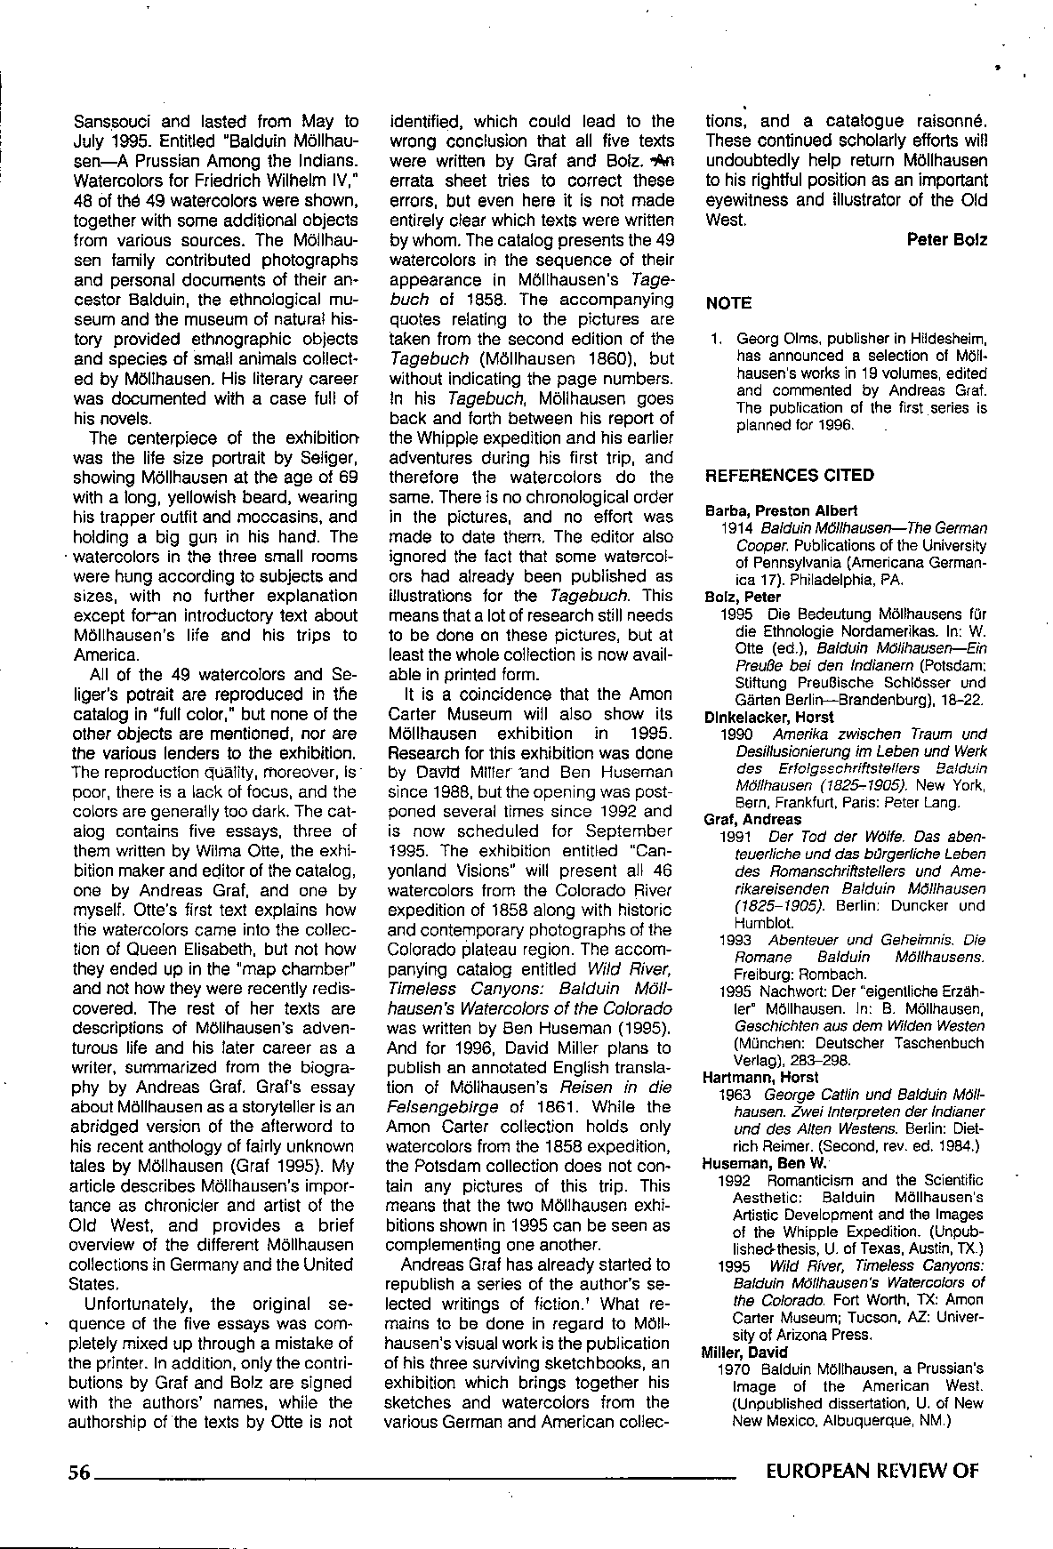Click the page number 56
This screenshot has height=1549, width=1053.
pyautogui.click(x=79, y=1472)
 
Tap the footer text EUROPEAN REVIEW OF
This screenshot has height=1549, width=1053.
pyautogui.click(x=872, y=1471)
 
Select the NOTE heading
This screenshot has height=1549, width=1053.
pyautogui.click(x=728, y=303)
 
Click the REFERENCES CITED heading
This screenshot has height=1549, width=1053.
pyautogui.click(x=789, y=476)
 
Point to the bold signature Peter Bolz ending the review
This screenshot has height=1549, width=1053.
pyautogui.click(x=947, y=240)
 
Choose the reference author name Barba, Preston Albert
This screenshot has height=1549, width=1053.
pyautogui.click(x=781, y=510)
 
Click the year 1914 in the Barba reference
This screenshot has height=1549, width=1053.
pyautogui.click(x=737, y=528)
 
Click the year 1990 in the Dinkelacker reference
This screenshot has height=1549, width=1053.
pyautogui.click(x=738, y=734)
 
